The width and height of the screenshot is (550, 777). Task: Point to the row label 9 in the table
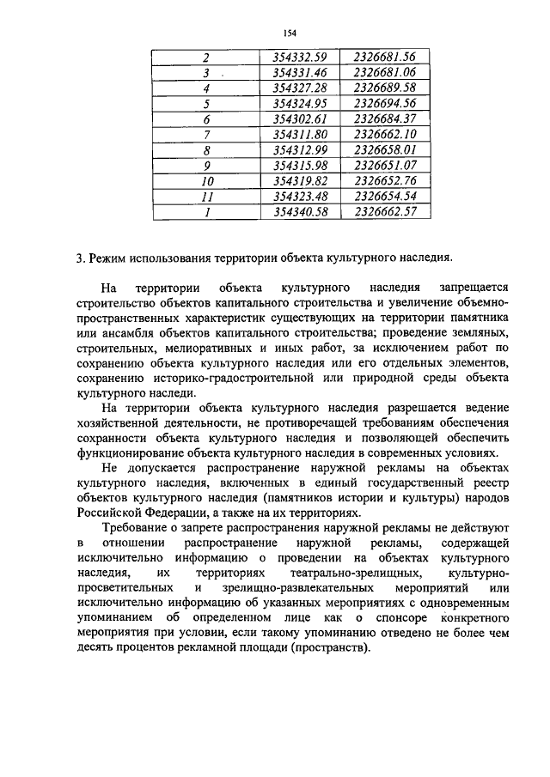206,165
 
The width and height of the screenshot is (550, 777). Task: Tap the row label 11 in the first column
206,196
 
